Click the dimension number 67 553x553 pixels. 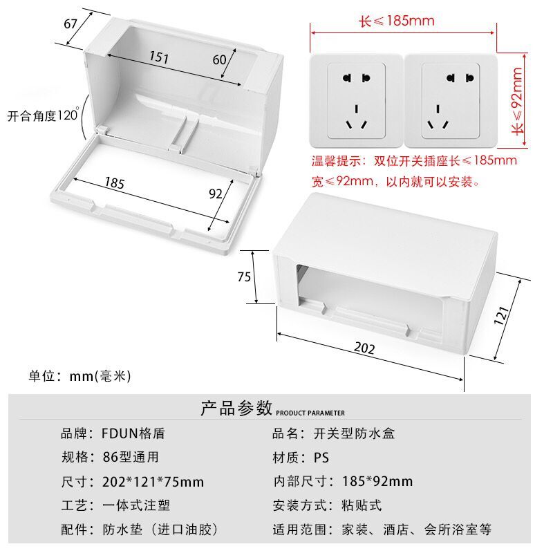click(71, 24)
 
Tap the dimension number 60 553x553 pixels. click(219, 59)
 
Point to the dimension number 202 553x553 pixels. click(364, 348)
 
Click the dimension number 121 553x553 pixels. click(503, 315)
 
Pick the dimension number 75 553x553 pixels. click(244, 276)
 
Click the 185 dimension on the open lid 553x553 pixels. click(115, 182)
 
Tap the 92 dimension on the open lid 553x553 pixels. click(216, 194)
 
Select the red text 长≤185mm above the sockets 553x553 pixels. click(397, 21)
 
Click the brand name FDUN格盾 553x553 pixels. click(133, 434)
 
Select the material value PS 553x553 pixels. click(321, 458)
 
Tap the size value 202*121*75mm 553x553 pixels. click(153, 482)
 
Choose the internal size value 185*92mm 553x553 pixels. click(377, 482)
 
